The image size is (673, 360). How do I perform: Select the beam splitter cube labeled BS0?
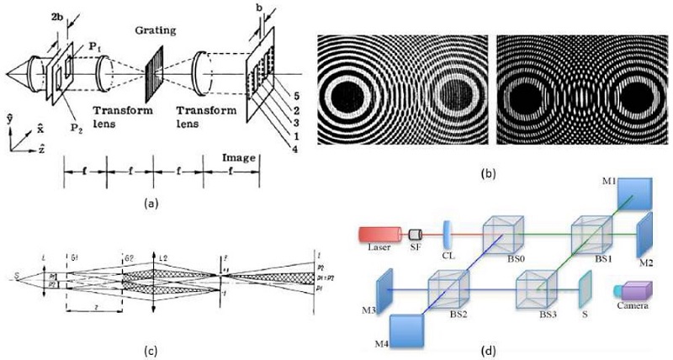point(502,232)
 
